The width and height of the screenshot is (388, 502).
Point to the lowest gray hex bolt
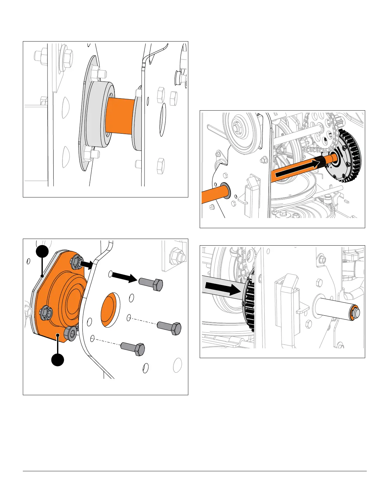(133, 349)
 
